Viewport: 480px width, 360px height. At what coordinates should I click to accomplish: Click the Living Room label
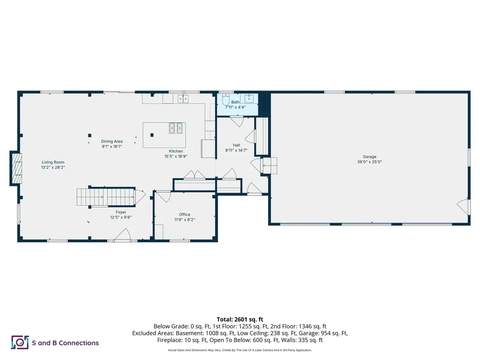click(52, 162)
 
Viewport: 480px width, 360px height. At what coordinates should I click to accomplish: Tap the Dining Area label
click(112, 141)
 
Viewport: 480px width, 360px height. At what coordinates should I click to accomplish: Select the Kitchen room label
click(176, 151)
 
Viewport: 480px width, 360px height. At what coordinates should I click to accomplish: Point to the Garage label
click(369, 157)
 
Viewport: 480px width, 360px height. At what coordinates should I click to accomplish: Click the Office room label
click(185, 214)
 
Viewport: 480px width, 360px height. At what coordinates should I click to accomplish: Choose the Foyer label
click(121, 212)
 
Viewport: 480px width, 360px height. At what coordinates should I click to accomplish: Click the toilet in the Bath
click(225, 100)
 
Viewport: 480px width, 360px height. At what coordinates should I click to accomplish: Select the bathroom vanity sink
click(249, 99)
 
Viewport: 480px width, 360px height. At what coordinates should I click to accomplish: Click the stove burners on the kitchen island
click(176, 127)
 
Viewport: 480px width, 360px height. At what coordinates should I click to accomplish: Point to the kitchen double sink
click(183, 99)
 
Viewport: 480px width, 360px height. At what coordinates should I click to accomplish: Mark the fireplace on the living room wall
click(16, 168)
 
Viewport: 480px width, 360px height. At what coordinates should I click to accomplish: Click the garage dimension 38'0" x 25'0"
click(369, 162)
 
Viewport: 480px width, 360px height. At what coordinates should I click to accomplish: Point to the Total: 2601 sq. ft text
click(240, 319)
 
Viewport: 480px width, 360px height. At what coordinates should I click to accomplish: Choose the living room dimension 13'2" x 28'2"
click(52, 167)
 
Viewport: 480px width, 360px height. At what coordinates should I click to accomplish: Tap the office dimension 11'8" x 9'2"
click(185, 219)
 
